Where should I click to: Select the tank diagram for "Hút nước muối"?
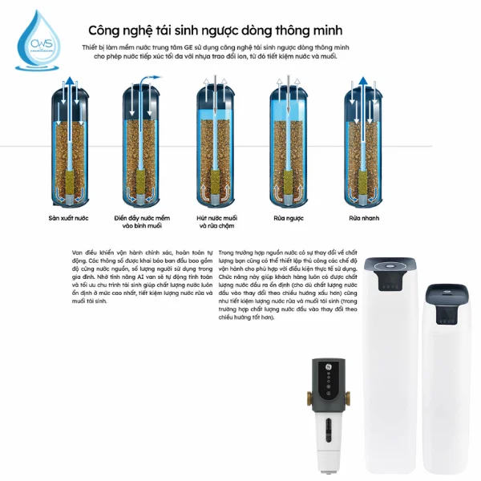coord(214,144)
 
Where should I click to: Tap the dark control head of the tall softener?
coord(392,277)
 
